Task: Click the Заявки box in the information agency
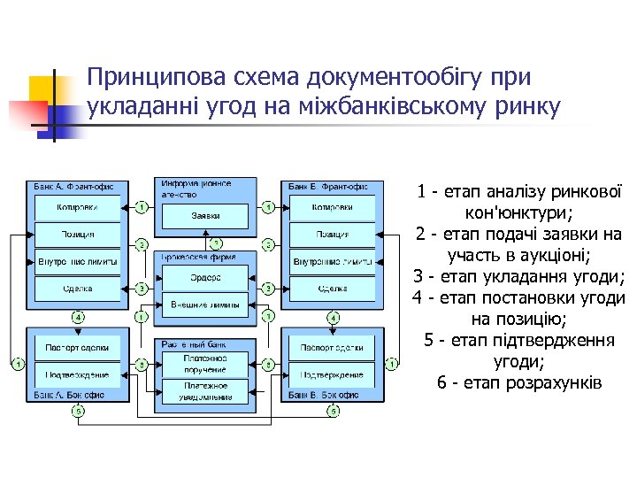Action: pos(205,215)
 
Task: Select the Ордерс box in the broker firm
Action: pos(205,278)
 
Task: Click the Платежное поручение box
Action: pos(205,363)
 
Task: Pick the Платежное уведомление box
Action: pos(205,390)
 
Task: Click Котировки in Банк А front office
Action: pos(78,207)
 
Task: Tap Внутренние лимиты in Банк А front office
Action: pos(78,262)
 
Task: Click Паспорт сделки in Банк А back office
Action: pos(78,347)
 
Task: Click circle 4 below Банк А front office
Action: pos(79,317)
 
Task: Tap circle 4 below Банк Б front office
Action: pos(333,317)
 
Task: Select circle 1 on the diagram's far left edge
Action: pos(17,363)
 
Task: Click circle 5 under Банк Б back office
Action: pos(333,411)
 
